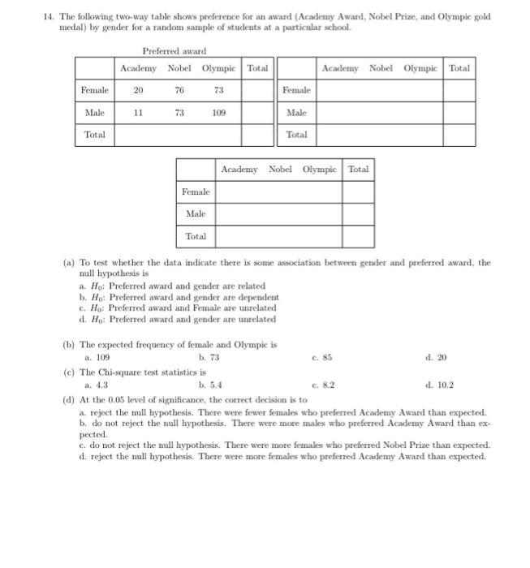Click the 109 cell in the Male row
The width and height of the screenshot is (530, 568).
pos(218,113)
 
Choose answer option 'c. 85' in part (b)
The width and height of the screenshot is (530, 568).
pos(322,357)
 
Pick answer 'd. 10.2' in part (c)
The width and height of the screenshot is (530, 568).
pos(437,385)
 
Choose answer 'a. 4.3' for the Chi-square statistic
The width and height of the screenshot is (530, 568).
pos(97,385)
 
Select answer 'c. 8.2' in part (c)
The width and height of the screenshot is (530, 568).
pos(323,385)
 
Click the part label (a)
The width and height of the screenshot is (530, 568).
pos(68,263)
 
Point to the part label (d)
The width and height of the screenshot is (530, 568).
pos(68,400)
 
